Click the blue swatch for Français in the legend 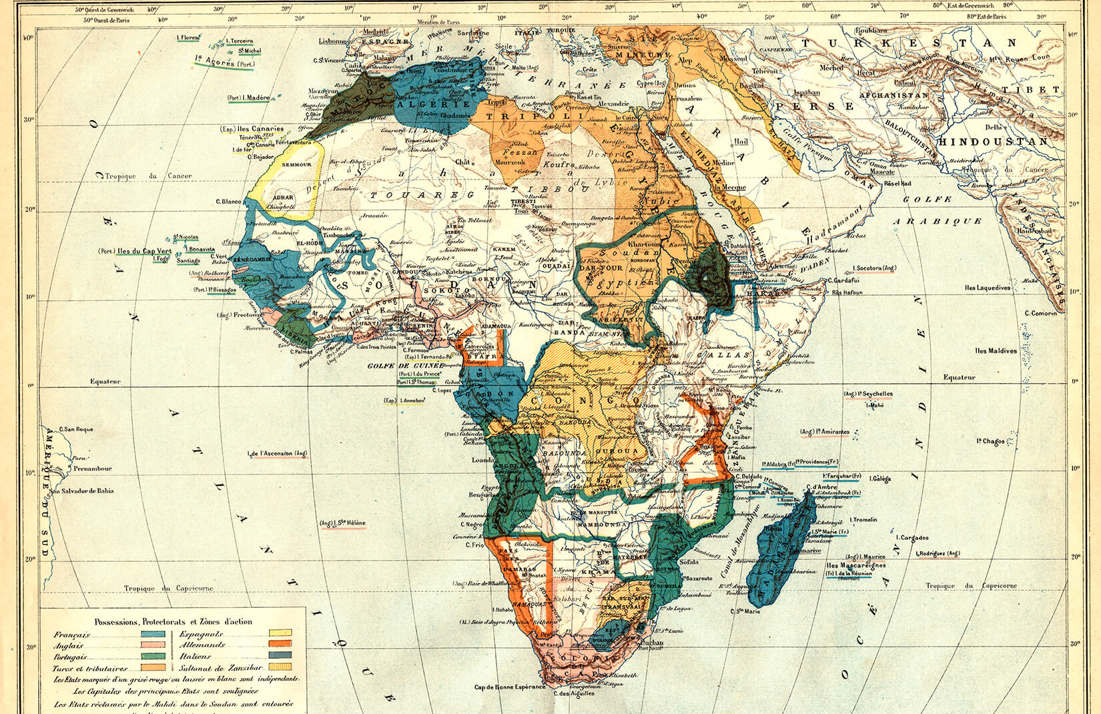(153, 635)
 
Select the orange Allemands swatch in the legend (280, 645)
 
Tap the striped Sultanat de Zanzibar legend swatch (280, 667)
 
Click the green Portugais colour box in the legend (153, 657)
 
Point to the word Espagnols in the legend (204, 634)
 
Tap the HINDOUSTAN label (992, 142)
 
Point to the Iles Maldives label (996, 351)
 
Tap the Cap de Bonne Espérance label (510, 687)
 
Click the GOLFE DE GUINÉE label (405, 366)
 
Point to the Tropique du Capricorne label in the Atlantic (168, 589)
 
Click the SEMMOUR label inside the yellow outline (297, 164)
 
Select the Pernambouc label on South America (93, 469)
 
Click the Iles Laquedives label (988, 288)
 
